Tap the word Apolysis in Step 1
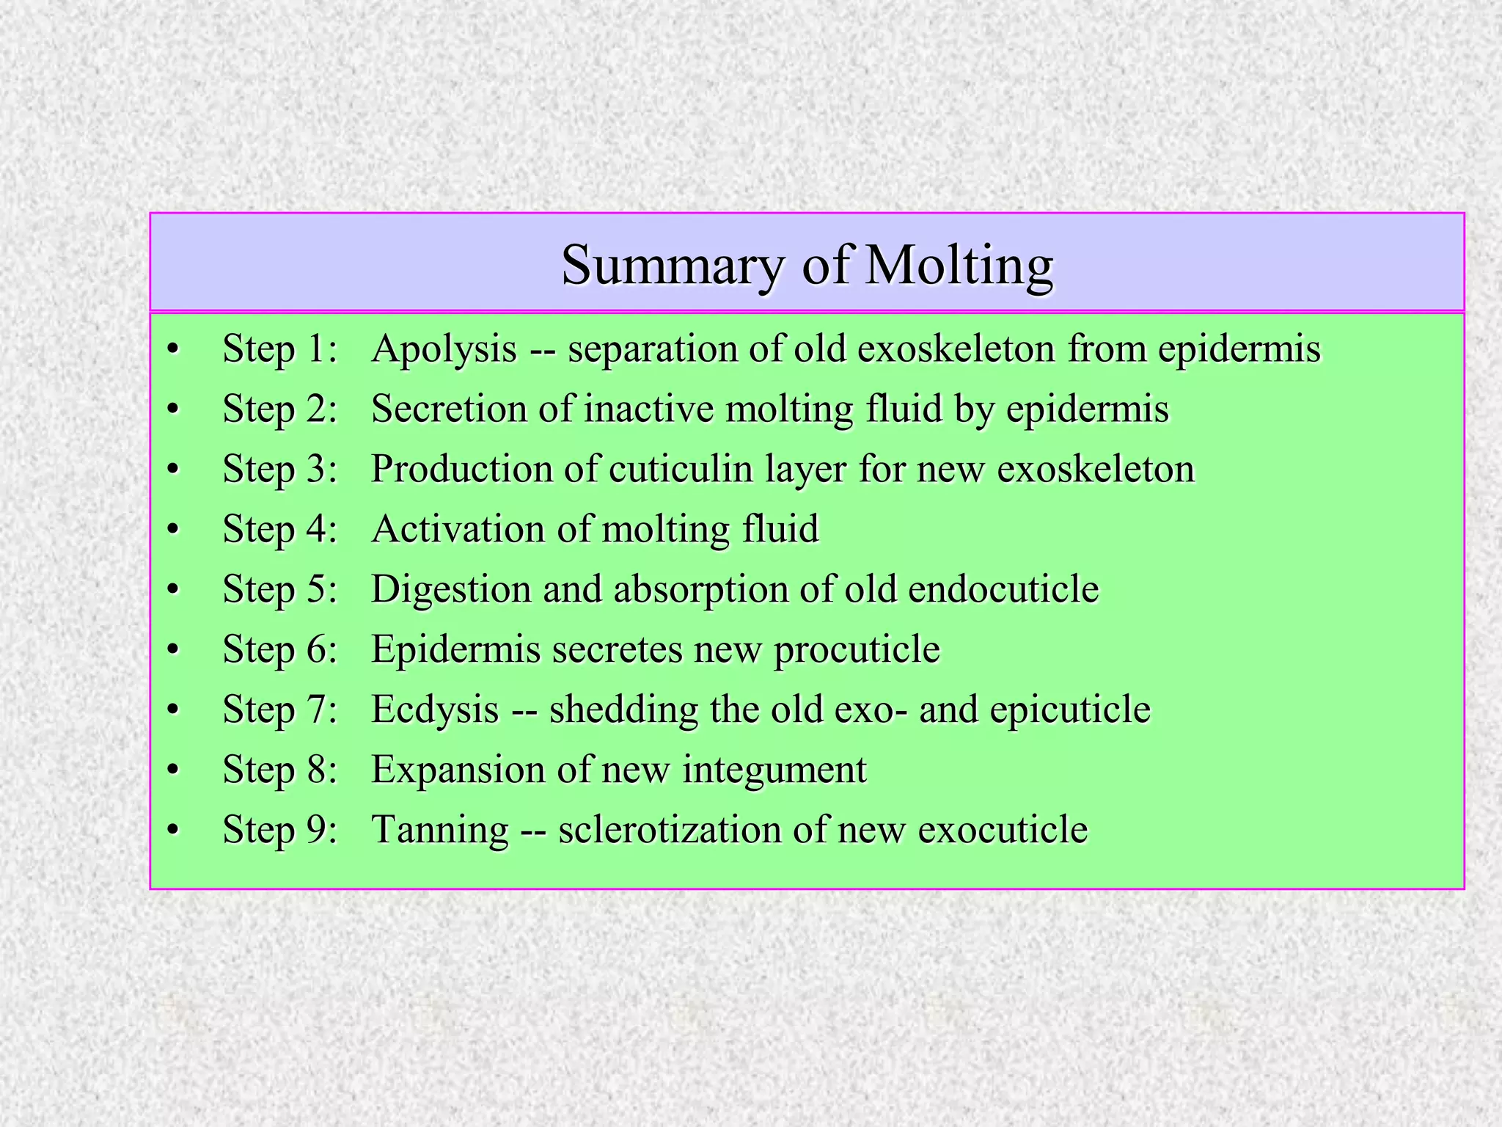(444, 349)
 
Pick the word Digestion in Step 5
(450, 589)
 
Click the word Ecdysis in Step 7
(435, 710)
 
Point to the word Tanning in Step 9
(440, 831)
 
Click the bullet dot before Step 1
(173, 349)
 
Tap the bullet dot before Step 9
(173, 831)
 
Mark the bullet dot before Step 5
(173, 590)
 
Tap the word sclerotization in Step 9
(669, 830)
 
